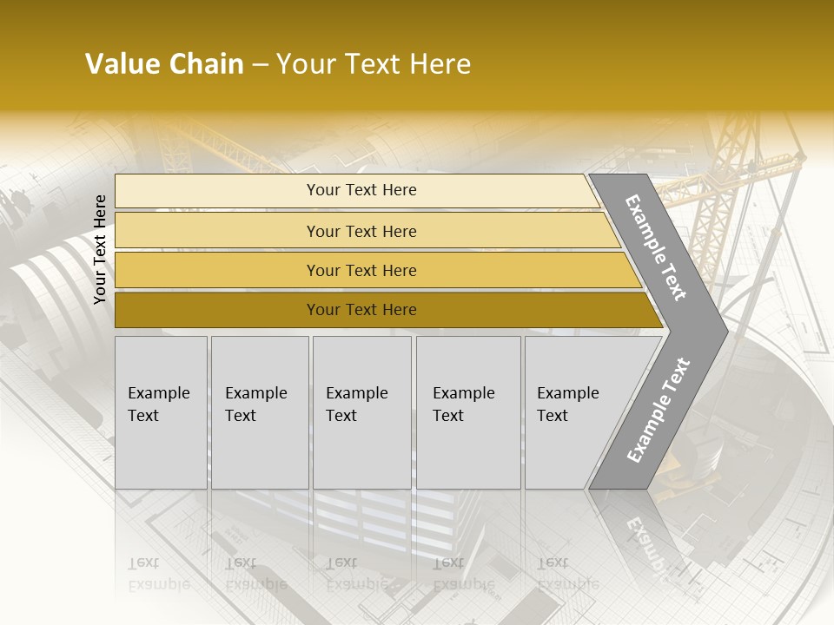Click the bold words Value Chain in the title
coord(164,64)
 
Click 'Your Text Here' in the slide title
coord(374,64)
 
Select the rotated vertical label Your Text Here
coord(100,249)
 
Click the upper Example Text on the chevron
coord(656,247)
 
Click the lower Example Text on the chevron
coord(658,411)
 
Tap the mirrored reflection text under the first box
coord(158,574)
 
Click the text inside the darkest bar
coord(361,310)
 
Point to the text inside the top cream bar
coord(361,190)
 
